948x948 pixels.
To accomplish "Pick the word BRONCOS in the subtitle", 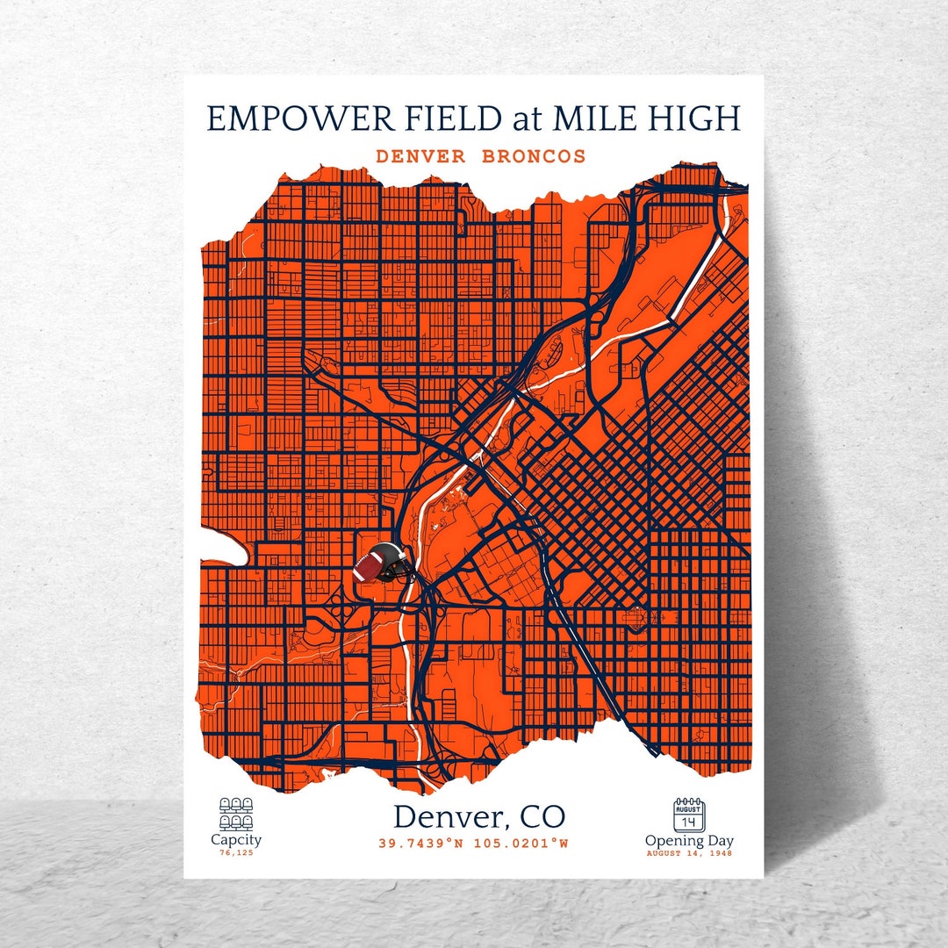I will click(x=534, y=157).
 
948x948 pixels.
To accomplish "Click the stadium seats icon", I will click(x=235, y=813).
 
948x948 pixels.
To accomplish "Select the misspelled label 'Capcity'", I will click(x=235, y=840).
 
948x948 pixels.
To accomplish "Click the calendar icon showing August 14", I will click(x=689, y=814).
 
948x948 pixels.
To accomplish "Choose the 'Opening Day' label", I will click(x=689, y=841).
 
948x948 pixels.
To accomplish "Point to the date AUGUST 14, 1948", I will click(x=689, y=853).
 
